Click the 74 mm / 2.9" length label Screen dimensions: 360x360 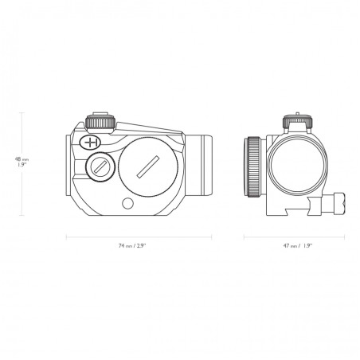pyautogui.click(x=132, y=246)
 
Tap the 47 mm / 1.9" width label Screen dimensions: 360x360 pyautogui.click(x=298, y=246)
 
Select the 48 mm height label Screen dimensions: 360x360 pyautogui.click(x=22, y=159)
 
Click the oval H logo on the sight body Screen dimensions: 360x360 pyautogui.click(x=90, y=143)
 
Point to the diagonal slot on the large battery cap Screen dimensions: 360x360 pyautogui.click(x=147, y=166)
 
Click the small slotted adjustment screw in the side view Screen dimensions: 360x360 pyautogui.click(x=100, y=167)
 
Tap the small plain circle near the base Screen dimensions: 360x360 pyautogui.click(x=127, y=203)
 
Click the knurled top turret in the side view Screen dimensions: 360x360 pyautogui.click(x=100, y=123)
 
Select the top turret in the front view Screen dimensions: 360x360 pyautogui.click(x=297, y=123)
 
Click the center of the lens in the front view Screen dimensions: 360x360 pyautogui.click(x=297, y=166)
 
